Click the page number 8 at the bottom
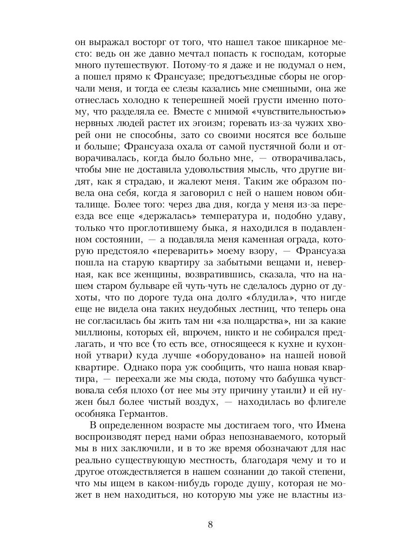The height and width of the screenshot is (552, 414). point(210,525)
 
